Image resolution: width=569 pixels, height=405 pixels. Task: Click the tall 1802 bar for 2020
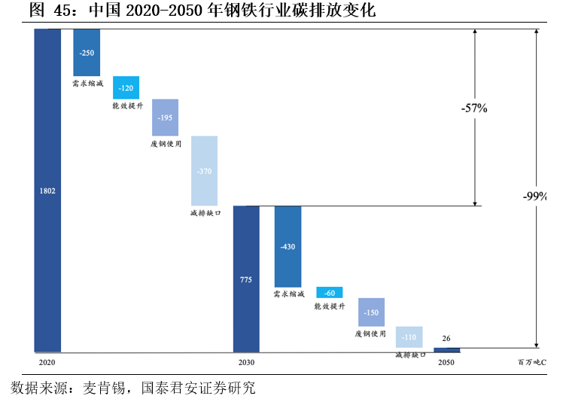(47, 190)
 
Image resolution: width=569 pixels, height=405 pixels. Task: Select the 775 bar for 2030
(246, 279)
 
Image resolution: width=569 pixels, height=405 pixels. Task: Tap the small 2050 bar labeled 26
(447, 349)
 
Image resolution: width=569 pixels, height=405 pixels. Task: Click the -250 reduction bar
(87, 52)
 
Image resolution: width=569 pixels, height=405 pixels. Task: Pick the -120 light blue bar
(126, 87)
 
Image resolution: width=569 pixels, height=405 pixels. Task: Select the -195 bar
(165, 117)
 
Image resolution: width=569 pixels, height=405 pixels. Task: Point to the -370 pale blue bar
(204, 171)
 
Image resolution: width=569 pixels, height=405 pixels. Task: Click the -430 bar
(288, 246)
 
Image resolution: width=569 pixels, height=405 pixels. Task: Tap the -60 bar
(329, 292)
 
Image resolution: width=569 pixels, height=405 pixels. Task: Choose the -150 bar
(371, 312)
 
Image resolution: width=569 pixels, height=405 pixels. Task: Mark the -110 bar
(409, 336)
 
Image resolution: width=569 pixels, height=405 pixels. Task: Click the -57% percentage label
(474, 108)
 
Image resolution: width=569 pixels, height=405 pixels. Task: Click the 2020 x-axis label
(47, 362)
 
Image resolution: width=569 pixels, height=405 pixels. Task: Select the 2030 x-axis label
(246, 362)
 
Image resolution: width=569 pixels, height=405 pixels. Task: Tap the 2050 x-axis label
(447, 362)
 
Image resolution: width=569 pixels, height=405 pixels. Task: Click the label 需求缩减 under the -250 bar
(87, 84)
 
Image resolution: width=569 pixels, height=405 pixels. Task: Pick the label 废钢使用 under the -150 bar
(371, 333)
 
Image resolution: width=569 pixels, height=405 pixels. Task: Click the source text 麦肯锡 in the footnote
(108, 388)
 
